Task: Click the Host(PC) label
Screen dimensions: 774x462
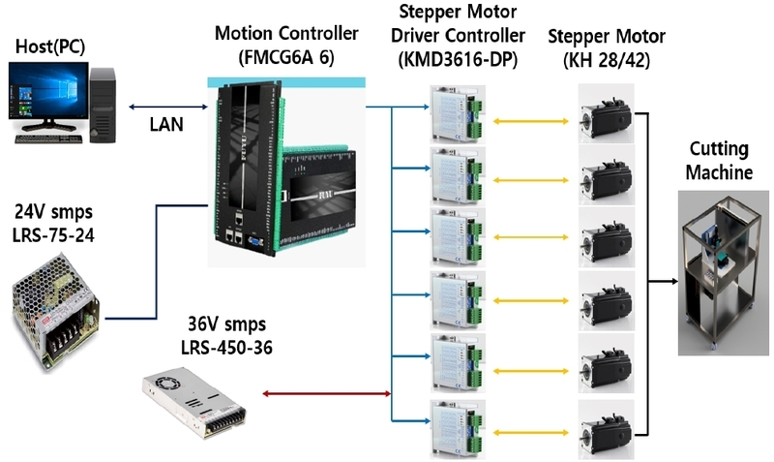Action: (x=50, y=46)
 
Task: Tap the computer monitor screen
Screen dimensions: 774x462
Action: (x=48, y=90)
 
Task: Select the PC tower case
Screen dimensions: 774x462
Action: (x=103, y=106)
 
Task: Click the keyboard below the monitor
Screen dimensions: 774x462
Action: (x=48, y=139)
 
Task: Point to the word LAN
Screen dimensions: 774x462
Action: (x=166, y=125)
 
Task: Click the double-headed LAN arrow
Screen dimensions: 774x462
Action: (x=168, y=107)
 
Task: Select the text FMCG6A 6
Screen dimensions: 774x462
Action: (x=286, y=57)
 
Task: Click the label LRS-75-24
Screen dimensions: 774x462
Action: (x=53, y=235)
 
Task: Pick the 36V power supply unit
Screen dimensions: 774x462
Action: (x=194, y=403)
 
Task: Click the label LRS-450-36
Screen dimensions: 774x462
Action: (x=226, y=348)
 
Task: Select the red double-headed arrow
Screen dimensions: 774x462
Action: (x=327, y=394)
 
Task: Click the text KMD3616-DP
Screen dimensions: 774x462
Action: (x=458, y=59)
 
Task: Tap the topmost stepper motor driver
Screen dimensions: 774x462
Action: (x=458, y=114)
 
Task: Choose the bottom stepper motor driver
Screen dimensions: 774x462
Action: (x=458, y=429)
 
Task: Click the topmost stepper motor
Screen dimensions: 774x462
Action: (x=607, y=113)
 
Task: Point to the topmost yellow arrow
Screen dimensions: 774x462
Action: (x=531, y=121)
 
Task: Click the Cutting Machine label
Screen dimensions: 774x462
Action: (x=719, y=161)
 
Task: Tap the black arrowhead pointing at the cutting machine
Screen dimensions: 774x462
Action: (x=673, y=282)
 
